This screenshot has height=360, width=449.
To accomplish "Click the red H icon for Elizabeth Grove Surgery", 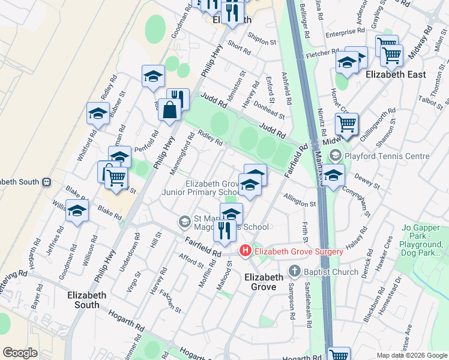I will click(245, 251).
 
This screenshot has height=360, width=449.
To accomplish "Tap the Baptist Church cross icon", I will click(294, 271).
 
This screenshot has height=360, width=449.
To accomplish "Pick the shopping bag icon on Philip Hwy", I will click(170, 110).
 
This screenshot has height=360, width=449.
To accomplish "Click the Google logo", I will click(20, 353).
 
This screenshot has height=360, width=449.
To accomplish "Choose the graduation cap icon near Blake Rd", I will click(77, 211).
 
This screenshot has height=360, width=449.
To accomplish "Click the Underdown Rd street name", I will click(128, 253).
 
